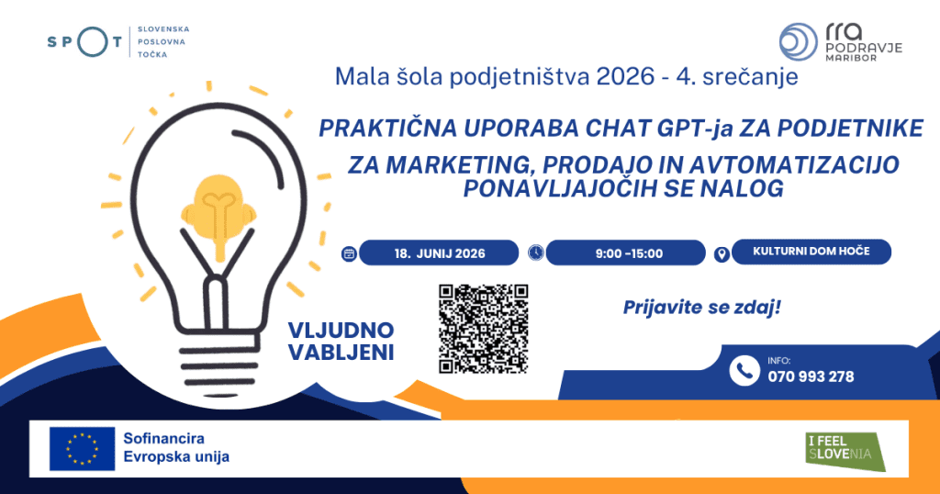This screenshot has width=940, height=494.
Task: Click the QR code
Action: coord(483,329)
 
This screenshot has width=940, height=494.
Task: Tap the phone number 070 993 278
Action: coord(811,376)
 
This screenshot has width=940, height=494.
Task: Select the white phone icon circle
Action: coord(744,371)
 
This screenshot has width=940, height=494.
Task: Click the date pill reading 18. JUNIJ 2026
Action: coord(439,253)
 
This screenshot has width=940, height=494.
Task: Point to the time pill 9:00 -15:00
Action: coord(626,253)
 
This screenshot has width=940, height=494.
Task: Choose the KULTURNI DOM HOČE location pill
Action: coord(811,252)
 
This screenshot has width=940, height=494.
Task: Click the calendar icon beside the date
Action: coord(349,253)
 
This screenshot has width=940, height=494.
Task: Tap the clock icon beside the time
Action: coord(536,253)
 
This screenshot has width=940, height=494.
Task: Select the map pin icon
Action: coord(722,254)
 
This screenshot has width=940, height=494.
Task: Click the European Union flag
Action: coord(82,448)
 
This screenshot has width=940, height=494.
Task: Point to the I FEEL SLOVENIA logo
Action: coord(845,452)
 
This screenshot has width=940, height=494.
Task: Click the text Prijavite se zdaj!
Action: coord(702,308)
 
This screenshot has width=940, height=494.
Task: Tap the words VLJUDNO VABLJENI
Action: coord(341,342)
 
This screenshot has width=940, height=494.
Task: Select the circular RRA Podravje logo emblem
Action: coord(799,42)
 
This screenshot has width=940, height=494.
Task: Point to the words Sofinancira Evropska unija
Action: coord(176,448)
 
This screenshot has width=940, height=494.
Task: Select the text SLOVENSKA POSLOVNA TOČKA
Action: coord(163,41)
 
